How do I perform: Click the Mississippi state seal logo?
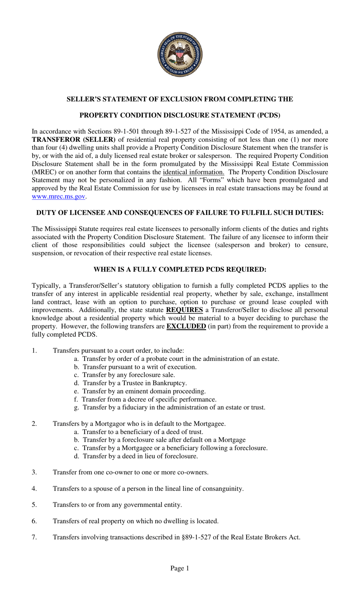click(x=180, y=55)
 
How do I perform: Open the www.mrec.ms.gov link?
click(x=58, y=196)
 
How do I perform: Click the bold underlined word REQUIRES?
click(x=184, y=310)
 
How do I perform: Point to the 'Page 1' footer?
click(x=180, y=568)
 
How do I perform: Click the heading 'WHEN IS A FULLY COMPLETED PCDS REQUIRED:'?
click(x=180, y=270)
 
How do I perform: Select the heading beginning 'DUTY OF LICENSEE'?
click(x=180, y=213)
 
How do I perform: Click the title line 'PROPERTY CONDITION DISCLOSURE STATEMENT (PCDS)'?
click(x=180, y=115)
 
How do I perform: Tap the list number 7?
click(x=34, y=537)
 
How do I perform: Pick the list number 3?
click(x=34, y=472)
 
